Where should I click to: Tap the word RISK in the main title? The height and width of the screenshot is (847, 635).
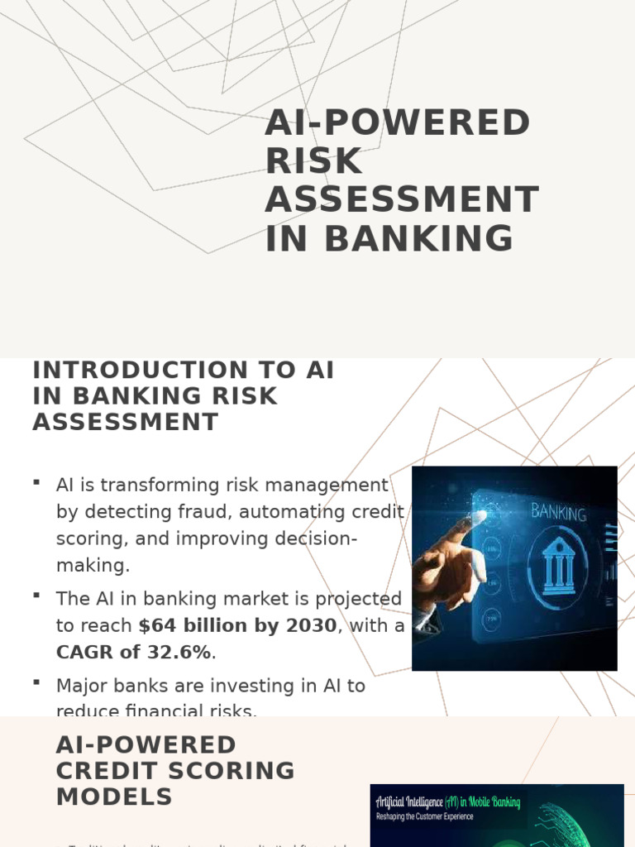[x=314, y=162]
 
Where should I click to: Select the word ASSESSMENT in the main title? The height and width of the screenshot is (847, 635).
[x=402, y=200]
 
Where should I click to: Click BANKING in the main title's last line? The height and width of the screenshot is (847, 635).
[x=418, y=238]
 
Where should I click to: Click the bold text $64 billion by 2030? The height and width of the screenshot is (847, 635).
[x=238, y=625]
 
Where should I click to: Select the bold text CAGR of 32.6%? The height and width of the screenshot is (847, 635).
[x=134, y=652]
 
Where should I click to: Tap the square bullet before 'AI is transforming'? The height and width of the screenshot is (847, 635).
[x=36, y=481]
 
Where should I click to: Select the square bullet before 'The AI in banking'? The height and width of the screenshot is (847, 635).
[x=36, y=594]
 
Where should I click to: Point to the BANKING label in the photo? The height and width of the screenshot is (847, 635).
[x=559, y=512]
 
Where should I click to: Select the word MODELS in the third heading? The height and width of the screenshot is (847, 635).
[x=114, y=797]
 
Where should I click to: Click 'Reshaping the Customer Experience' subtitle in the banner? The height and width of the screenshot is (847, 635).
[x=425, y=816]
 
